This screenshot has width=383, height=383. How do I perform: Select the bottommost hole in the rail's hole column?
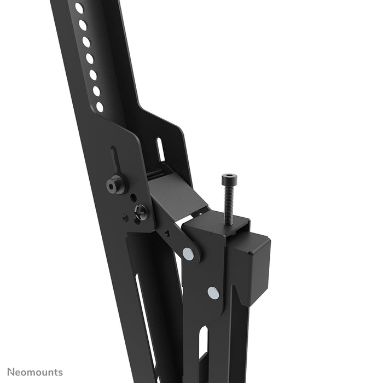(x=100, y=107)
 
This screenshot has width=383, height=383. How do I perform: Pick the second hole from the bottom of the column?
(x=96, y=91)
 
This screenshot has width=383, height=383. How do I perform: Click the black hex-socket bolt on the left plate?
(x=114, y=185)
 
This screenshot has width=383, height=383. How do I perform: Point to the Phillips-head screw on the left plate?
(x=141, y=211)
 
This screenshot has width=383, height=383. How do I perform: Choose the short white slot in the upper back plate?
(x=160, y=149)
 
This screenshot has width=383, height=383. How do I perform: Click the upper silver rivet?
(x=188, y=253)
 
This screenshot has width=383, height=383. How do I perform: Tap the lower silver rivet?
(x=213, y=293)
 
